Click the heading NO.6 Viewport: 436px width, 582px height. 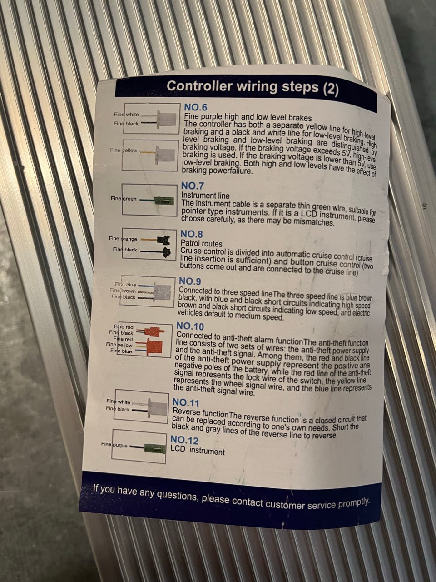[196, 107]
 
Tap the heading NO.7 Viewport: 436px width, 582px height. [193, 186]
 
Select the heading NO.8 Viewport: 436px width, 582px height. [192, 234]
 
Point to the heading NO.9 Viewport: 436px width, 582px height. [190, 281]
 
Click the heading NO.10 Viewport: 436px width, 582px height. [190, 326]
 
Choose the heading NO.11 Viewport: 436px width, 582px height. [186, 403]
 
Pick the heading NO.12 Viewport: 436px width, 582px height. [184, 441]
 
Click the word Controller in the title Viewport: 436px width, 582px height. [199, 86]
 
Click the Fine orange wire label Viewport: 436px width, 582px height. [123, 239]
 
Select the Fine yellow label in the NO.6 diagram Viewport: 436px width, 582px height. [124, 151]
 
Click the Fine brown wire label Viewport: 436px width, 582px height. [123, 291]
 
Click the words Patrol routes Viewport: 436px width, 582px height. [202, 243]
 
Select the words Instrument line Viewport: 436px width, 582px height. [205, 196]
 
